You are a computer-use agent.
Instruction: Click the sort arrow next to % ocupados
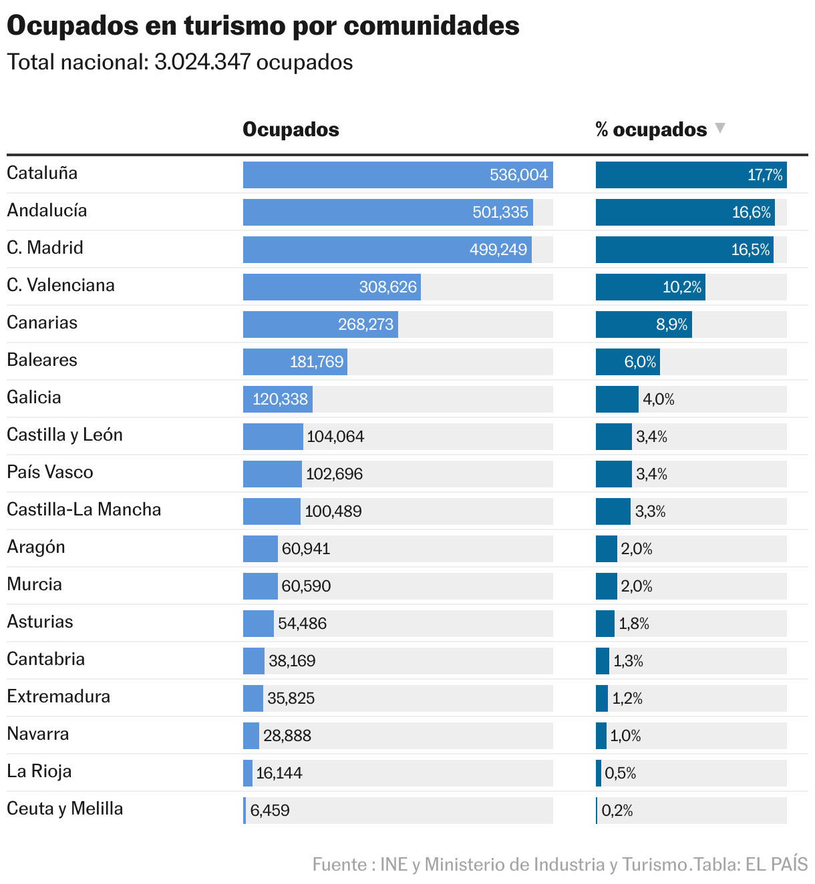pos(719,128)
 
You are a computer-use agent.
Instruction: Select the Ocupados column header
pos(291,130)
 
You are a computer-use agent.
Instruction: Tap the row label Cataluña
pos(42,174)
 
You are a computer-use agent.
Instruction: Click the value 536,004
pos(518,175)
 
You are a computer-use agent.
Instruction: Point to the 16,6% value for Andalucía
pos(751,212)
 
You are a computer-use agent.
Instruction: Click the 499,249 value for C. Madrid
pos(498,250)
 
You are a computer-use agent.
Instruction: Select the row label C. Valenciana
pos(61,286)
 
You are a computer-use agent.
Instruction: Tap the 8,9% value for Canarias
pos(671,324)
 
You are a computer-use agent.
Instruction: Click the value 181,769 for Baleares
pos(317,362)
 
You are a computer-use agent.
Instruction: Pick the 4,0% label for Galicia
pos(659,399)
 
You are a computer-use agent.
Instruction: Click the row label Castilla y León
pos(65,435)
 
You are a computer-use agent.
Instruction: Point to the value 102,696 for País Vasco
pos(334,474)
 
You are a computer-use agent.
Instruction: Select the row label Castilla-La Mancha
pos(84,510)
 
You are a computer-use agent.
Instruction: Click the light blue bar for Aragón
pos(260,549)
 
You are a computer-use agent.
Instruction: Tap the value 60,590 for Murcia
pos(306,586)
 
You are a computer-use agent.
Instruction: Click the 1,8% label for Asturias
pos(634,624)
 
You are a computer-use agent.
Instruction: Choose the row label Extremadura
pos(59,697)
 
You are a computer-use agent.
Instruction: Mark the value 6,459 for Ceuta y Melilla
pos(270,811)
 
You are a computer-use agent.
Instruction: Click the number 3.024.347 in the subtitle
pos(202,62)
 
